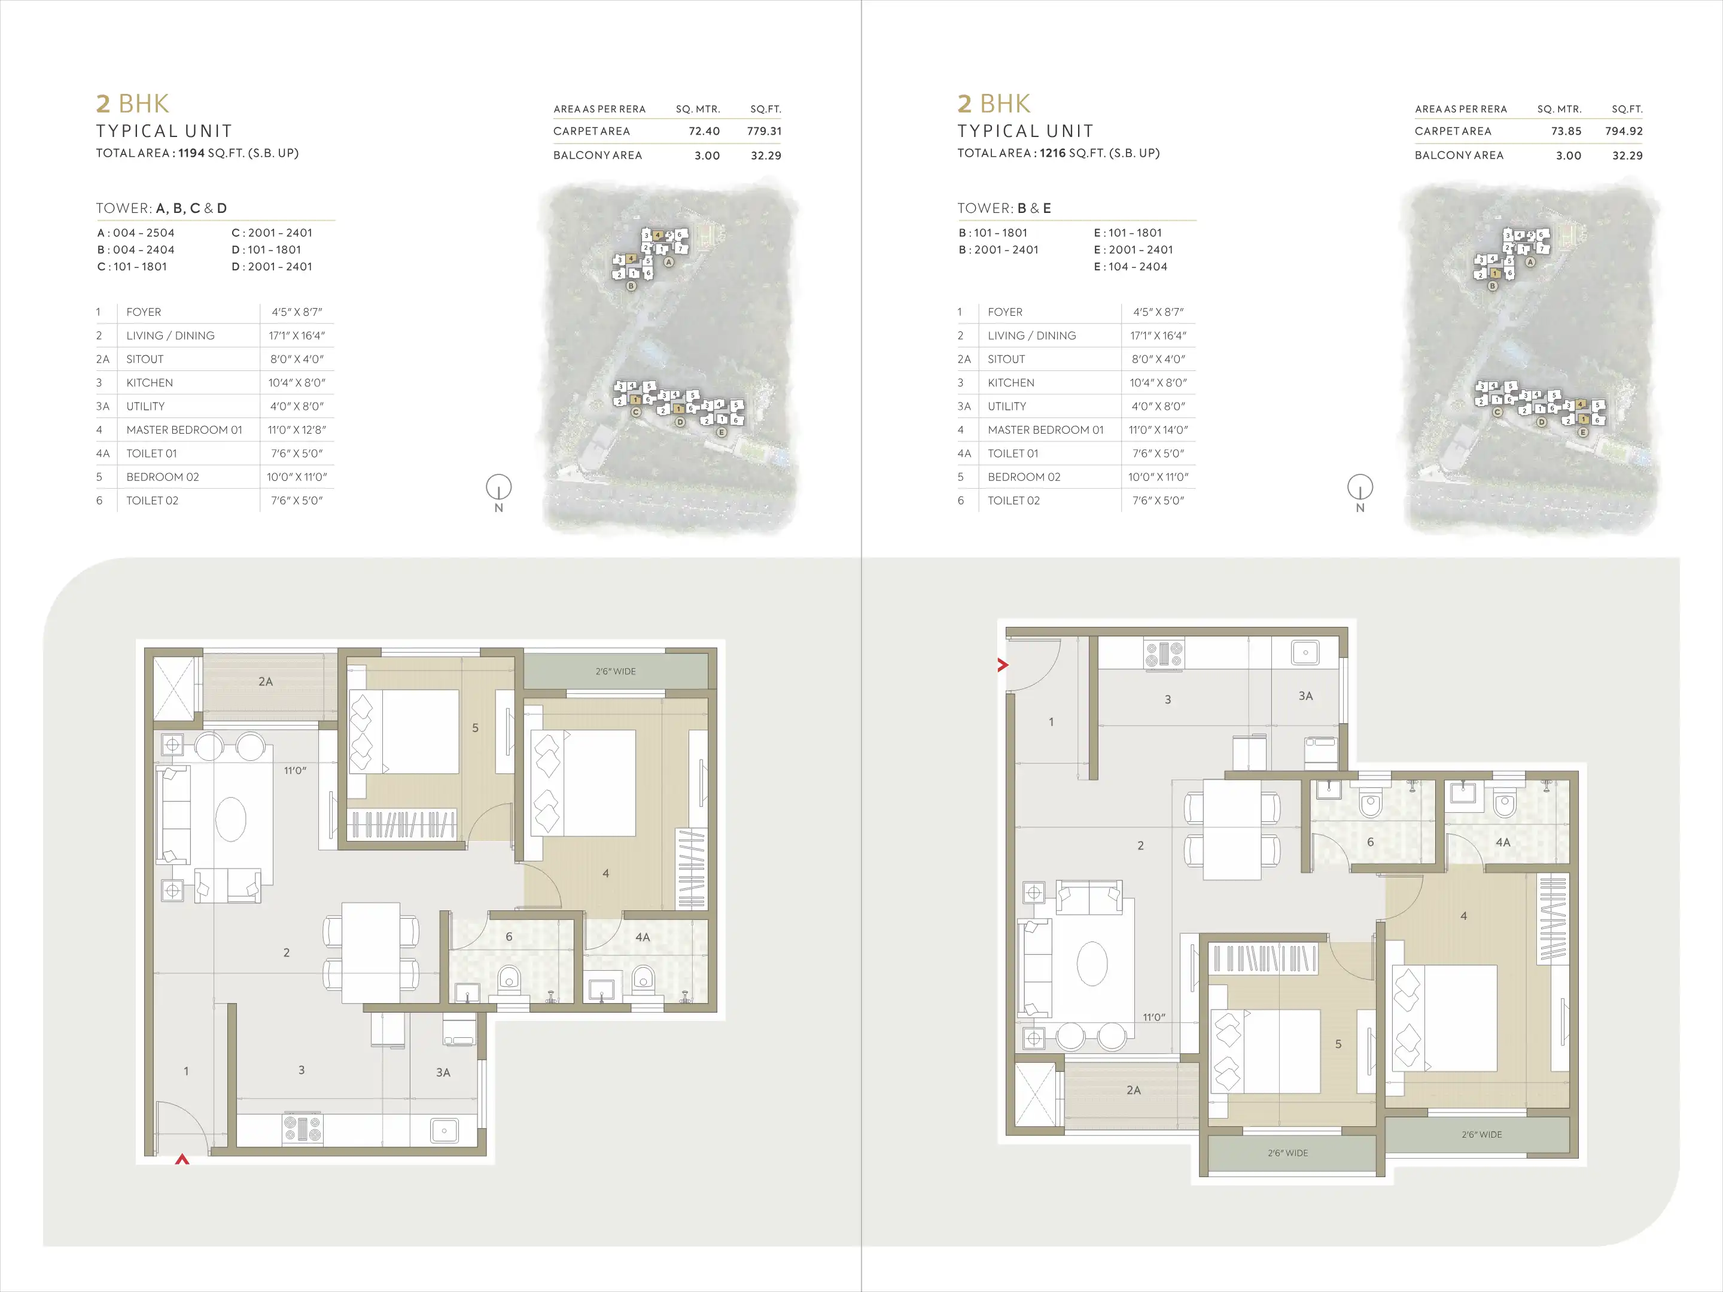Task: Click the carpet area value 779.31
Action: point(763,132)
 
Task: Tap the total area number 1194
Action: point(191,153)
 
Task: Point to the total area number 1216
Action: point(1052,153)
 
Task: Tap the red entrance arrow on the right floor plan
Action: point(1003,665)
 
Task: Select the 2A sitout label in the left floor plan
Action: point(266,681)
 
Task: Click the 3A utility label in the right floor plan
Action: point(1305,696)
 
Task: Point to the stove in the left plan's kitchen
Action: point(302,1129)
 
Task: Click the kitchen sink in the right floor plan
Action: point(1305,653)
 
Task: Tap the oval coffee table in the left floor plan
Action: point(230,818)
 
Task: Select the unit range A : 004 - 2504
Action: point(136,233)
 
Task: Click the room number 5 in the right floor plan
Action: point(1338,1044)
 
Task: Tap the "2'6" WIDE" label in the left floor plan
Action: point(616,671)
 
